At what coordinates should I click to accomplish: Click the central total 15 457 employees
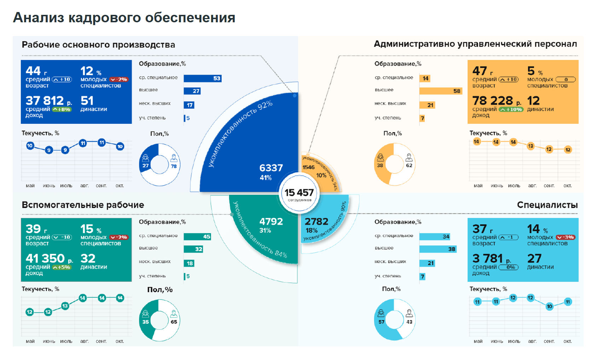pos(299,193)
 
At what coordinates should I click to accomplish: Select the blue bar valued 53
pos(202,79)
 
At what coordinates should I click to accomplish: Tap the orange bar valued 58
pos(441,91)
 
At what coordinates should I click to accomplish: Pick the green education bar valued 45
pos(197,237)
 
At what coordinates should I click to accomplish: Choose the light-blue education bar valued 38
pos(438,249)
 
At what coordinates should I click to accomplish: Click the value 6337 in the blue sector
pos(271,168)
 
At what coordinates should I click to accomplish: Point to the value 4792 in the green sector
pos(271,222)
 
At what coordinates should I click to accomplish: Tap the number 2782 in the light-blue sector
pos(317,222)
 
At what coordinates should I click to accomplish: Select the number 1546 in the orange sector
pos(308,167)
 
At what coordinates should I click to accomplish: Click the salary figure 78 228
pos(493,101)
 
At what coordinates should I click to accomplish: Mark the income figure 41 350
pos(45,259)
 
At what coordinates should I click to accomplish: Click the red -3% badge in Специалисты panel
pos(566,237)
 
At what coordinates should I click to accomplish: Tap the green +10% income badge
pos(511,110)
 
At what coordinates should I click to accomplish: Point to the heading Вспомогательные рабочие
pos(83,205)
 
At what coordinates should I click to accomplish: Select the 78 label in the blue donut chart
pos(174,166)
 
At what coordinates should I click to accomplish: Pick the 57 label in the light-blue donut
pos(381,322)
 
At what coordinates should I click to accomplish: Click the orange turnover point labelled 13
pos(531,146)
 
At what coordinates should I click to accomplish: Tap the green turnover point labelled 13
pos(65,306)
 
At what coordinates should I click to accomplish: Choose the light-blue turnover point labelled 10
pos(549,306)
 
